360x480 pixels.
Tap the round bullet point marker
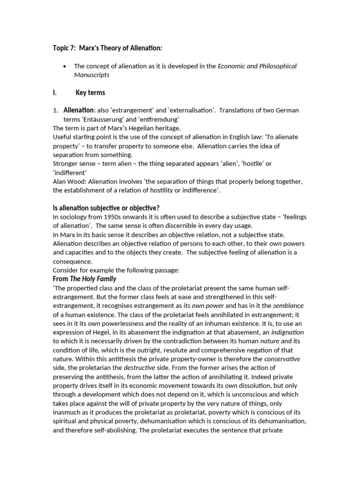(x=65, y=66)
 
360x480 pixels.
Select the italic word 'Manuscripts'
(x=91, y=75)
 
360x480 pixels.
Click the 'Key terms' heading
(x=90, y=92)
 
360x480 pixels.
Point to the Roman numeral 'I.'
(x=55, y=92)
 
